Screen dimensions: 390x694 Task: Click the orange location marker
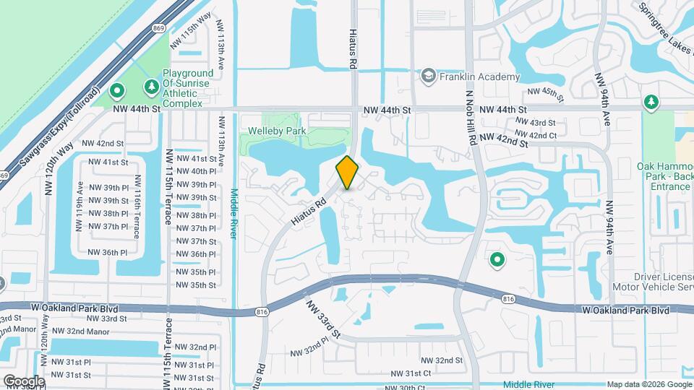347,172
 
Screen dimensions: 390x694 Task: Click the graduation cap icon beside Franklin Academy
428,76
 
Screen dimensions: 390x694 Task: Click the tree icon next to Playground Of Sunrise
151,87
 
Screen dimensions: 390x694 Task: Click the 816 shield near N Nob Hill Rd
507,298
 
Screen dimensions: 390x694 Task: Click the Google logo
23,381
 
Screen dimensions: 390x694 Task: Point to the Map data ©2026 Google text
648,384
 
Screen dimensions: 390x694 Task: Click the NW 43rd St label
536,123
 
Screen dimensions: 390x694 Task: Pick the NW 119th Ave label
79,205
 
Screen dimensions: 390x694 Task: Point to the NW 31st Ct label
411,373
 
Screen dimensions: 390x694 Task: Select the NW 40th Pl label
197,171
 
